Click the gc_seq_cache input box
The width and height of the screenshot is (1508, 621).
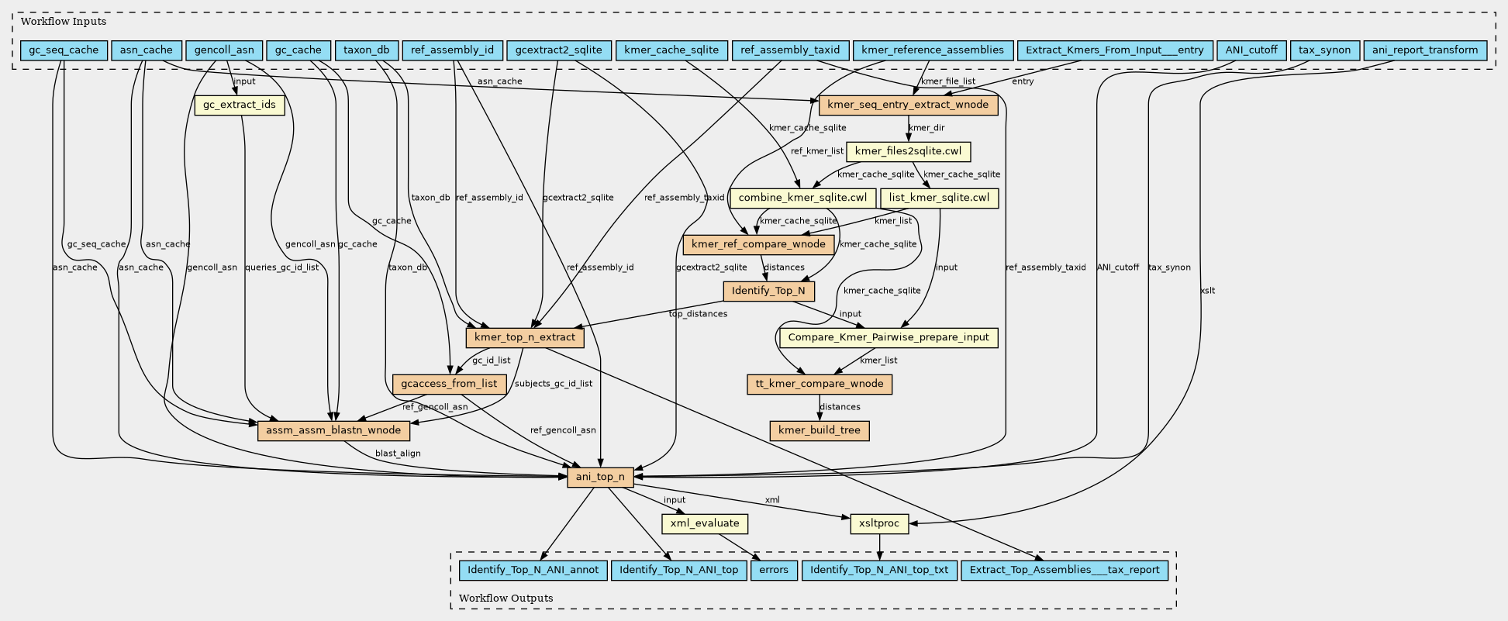click(64, 50)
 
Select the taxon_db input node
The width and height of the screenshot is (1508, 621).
click(367, 50)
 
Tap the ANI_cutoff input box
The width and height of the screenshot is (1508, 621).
click(1251, 50)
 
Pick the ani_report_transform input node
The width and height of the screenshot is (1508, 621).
click(1425, 50)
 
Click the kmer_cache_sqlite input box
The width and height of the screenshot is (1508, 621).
click(671, 50)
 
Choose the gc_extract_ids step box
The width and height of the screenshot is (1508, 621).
click(240, 105)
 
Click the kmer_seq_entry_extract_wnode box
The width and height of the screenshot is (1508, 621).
click(908, 105)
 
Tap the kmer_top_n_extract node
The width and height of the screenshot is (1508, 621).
click(525, 337)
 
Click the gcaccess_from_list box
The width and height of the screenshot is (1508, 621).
click(450, 384)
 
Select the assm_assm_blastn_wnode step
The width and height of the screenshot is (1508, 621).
click(333, 430)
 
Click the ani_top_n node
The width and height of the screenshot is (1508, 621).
click(600, 477)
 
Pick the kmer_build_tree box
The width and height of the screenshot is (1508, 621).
click(820, 430)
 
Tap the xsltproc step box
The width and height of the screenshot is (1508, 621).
click(879, 523)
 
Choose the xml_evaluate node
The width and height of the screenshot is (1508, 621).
click(705, 523)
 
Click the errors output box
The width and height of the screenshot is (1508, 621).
click(774, 570)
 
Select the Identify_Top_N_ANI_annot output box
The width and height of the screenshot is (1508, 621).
click(533, 570)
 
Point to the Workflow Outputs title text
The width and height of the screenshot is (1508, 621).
click(506, 598)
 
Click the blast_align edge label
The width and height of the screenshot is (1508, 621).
click(398, 453)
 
